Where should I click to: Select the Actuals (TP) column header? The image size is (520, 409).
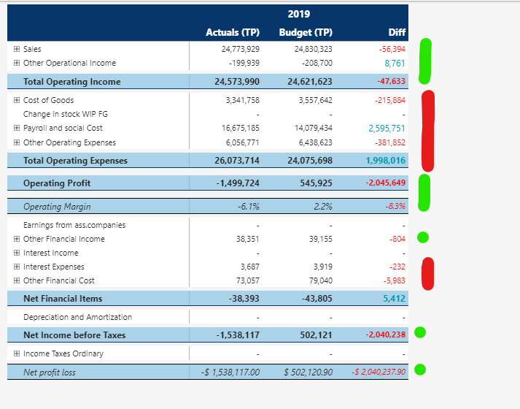tap(233, 32)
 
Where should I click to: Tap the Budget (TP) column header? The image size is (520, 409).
tap(306, 32)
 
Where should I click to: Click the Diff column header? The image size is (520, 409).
tap(397, 32)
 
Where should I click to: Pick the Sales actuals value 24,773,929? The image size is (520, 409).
tap(239, 49)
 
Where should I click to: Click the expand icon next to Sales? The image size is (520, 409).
tap(16, 49)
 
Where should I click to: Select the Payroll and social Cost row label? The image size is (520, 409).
tap(63, 128)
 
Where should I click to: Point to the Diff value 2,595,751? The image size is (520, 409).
tap(387, 128)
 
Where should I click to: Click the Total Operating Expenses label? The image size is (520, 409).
tap(75, 160)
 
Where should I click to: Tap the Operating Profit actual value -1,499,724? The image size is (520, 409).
tap(238, 183)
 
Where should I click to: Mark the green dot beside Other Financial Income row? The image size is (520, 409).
tap(422, 237)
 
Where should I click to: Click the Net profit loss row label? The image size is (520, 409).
tap(49, 372)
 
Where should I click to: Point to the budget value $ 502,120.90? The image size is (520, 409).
tap(308, 372)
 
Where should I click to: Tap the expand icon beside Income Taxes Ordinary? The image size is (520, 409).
tap(16, 353)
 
